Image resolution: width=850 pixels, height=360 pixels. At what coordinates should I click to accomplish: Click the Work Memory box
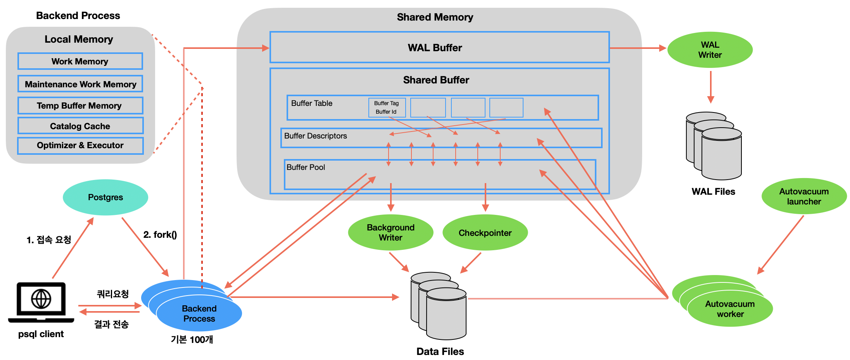pos(80,61)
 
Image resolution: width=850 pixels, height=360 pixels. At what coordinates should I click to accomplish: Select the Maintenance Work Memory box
pos(80,84)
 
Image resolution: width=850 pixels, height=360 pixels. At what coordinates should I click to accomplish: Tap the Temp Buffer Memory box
pos(80,106)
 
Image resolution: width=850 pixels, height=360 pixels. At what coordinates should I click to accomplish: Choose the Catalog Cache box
pos(80,126)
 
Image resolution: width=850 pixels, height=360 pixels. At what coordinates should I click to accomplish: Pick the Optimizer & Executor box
pos(80,145)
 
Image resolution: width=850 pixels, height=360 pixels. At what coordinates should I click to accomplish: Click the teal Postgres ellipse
pos(105,197)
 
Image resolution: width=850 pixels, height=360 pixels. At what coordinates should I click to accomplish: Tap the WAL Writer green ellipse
pos(710,50)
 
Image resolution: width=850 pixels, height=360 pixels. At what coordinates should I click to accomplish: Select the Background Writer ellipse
pos(390,232)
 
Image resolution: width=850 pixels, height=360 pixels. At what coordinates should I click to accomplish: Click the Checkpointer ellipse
pos(485,233)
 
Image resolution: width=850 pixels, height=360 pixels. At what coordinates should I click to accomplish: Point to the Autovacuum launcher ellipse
pos(804,196)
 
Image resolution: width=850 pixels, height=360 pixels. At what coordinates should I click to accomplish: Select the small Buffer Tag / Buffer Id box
pos(387,107)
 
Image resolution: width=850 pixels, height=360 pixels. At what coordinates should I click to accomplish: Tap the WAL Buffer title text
pos(435,48)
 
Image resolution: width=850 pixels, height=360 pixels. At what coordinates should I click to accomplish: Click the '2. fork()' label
pos(160,235)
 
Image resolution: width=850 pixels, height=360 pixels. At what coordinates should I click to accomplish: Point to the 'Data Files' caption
pos(440,351)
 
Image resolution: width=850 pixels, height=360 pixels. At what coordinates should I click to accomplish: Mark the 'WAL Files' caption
pos(713,192)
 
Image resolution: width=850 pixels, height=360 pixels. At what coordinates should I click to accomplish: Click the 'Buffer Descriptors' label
pos(315,136)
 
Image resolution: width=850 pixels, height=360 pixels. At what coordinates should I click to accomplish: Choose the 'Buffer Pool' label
pos(306,167)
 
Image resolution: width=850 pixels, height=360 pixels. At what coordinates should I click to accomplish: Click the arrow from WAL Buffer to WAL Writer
pos(637,48)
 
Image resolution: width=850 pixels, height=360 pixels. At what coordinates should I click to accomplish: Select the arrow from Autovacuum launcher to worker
pos(780,245)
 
